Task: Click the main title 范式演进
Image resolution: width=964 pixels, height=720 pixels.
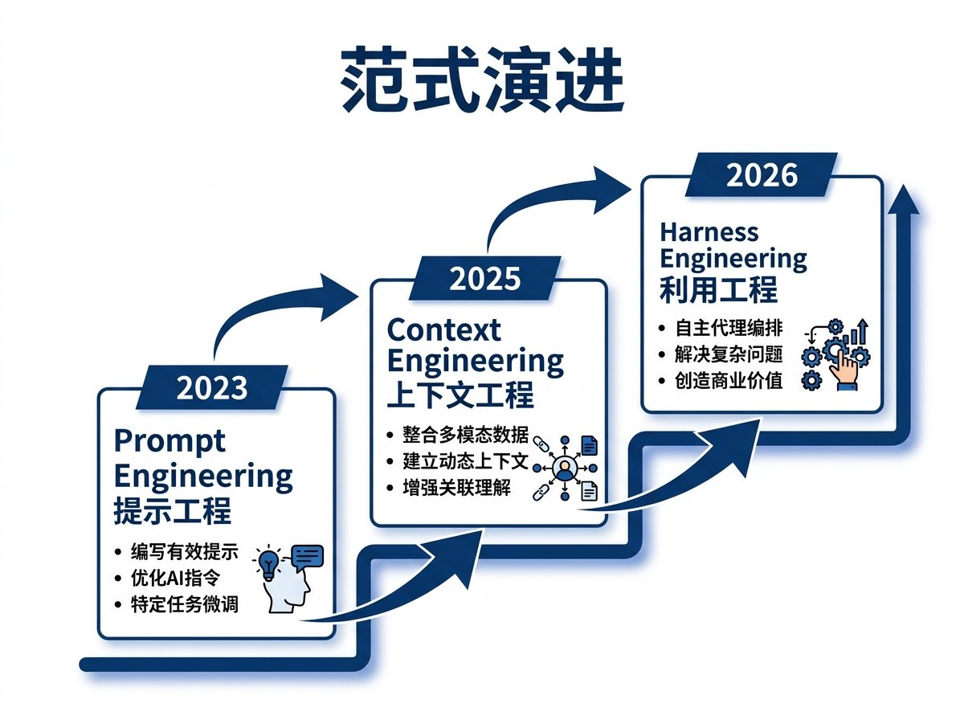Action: (482, 80)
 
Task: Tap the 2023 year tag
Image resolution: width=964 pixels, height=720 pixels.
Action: (212, 388)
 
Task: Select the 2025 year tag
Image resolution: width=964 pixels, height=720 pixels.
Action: (484, 279)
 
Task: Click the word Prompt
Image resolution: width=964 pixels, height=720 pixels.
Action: (170, 442)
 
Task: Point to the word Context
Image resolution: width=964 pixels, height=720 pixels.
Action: (443, 330)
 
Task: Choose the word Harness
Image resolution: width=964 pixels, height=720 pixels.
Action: (709, 232)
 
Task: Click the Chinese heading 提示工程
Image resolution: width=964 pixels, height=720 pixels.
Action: (172, 511)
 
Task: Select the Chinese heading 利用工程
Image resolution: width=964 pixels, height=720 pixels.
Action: (718, 289)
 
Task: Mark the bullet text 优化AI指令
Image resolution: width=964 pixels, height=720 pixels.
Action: (174, 578)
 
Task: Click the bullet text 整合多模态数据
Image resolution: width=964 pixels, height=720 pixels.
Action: (465, 436)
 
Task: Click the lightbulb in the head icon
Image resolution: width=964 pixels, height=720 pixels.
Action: (268, 562)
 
